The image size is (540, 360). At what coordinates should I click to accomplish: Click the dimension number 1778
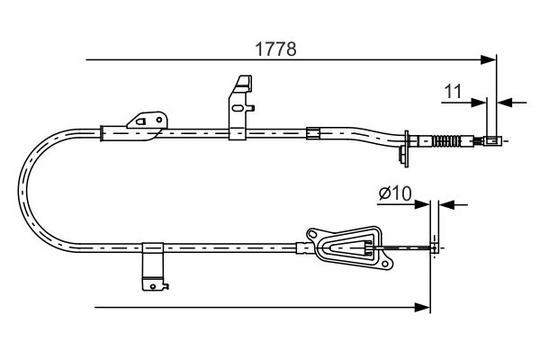click(276, 49)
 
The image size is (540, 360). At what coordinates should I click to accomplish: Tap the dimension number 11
click(453, 92)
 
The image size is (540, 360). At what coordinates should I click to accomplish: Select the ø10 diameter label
click(395, 193)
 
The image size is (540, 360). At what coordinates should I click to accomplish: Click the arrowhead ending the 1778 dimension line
click(489, 60)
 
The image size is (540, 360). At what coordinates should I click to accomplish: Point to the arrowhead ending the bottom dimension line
click(423, 307)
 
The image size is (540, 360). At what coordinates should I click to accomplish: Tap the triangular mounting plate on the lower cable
click(350, 247)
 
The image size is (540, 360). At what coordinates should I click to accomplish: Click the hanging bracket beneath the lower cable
click(154, 267)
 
